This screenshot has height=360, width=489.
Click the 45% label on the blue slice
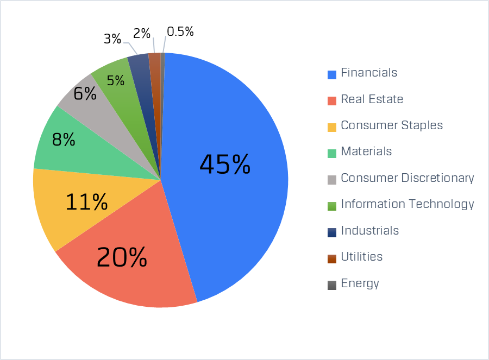(x=225, y=164)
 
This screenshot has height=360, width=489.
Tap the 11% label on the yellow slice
(x=86, y=201)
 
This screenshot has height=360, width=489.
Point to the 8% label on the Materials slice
(x=64, y=140)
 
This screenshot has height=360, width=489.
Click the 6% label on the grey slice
(x=85, y=94)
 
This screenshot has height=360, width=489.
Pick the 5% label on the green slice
(x=115, y=81)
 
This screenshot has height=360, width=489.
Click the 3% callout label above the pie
(x=112, y=39)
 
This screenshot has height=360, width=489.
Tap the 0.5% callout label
(x=180, y=31)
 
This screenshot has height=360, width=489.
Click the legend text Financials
(x=369, y=73)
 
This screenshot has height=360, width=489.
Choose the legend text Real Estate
(x=372, y=99)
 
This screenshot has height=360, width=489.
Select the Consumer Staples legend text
(x=391, y=125)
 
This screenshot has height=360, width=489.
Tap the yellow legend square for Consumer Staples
(x=331, y=127)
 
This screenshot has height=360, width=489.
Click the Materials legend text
(x=366, y=151)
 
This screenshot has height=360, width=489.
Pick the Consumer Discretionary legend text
(x=407, y=178)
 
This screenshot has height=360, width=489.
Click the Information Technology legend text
(x=407, y=204)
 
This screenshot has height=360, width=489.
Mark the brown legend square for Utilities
(x=331, y=258)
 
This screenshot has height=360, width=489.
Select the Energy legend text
(x=360, y=283)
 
